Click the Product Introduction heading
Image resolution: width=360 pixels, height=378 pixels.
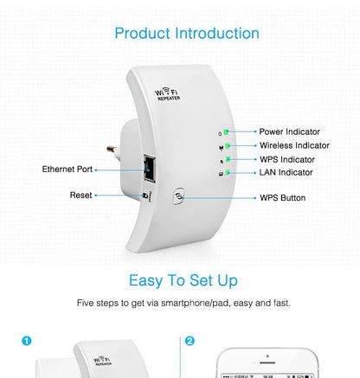point(187,34)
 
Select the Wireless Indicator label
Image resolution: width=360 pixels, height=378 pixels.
point(294,146)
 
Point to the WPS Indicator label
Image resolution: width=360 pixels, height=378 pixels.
point(287,159)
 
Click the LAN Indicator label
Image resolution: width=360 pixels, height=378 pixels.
point(286,172)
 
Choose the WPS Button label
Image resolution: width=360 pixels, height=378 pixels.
point(282,198)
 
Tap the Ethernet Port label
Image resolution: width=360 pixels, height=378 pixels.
point(67,169)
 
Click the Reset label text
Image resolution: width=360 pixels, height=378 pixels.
point(80,195)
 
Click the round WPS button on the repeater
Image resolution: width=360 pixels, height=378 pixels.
point(178,197)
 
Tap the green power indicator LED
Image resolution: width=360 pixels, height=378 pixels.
point(226,132)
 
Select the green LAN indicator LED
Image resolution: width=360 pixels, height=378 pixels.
point(226,173)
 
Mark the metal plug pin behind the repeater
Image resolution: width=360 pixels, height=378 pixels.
point(112,149)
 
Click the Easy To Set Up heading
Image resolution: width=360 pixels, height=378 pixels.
point(183,280)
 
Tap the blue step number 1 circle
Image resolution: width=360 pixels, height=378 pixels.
point(26,341)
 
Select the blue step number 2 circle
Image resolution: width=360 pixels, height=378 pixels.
point(190,341)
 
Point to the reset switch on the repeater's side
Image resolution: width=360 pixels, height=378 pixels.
point(147,195)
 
